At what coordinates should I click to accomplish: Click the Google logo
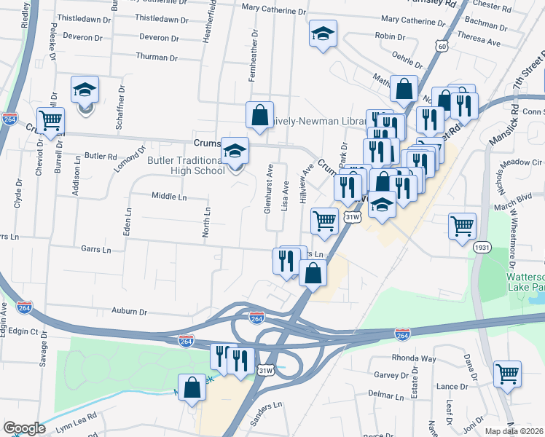pyautogui.click(x=24, y=428)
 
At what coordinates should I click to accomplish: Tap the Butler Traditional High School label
pyautogui.click(x=185, y=165)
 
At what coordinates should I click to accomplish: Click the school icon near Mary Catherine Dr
pyautogui.click(x=322, y=34)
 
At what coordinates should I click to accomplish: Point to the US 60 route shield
pyautogui.click(x=440, y=45)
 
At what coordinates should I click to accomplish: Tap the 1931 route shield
pyautogui.click(x=482, y=248)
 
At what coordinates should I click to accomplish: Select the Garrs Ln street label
pyautogui.click(x=96, y=250)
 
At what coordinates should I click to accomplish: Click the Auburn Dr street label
pyautogui.click(x=129, y=311)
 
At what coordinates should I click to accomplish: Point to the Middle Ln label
pyautogui.click(x=169, y=196)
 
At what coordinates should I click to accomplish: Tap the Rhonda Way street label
pyautogui.click(x=414, y=358)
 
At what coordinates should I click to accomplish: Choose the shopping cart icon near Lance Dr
pyautogui.click(x=506, y=374)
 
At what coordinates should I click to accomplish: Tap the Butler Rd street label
pyautogui.click(x=101, y=156)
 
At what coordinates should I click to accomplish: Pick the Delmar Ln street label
pyautogui.click(x=386, y=393)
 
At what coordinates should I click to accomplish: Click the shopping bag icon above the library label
pyautogui.click(x=259, y=114)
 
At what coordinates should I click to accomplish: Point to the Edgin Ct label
pyautogui.click(x=23, y=331)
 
